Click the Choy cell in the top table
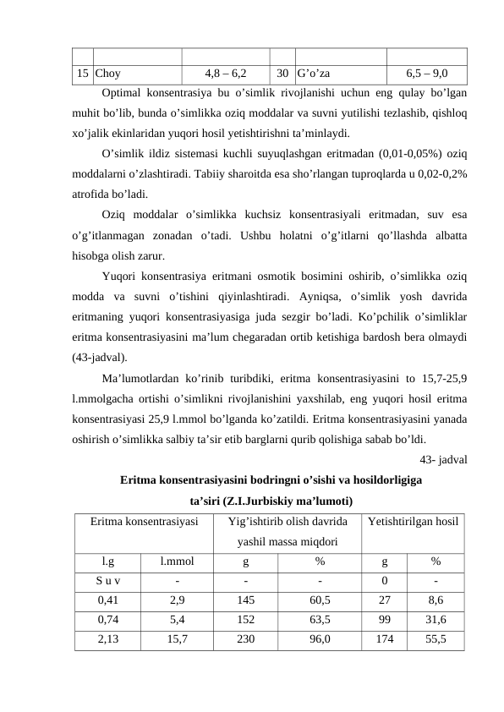pyautogui.click(x=107, y=73)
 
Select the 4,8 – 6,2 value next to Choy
pyautogui.click(x=226, y=73)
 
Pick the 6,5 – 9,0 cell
pyautogui.click(x=427, y=73)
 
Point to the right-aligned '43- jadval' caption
pyautogui.click(x=444, y=459)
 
